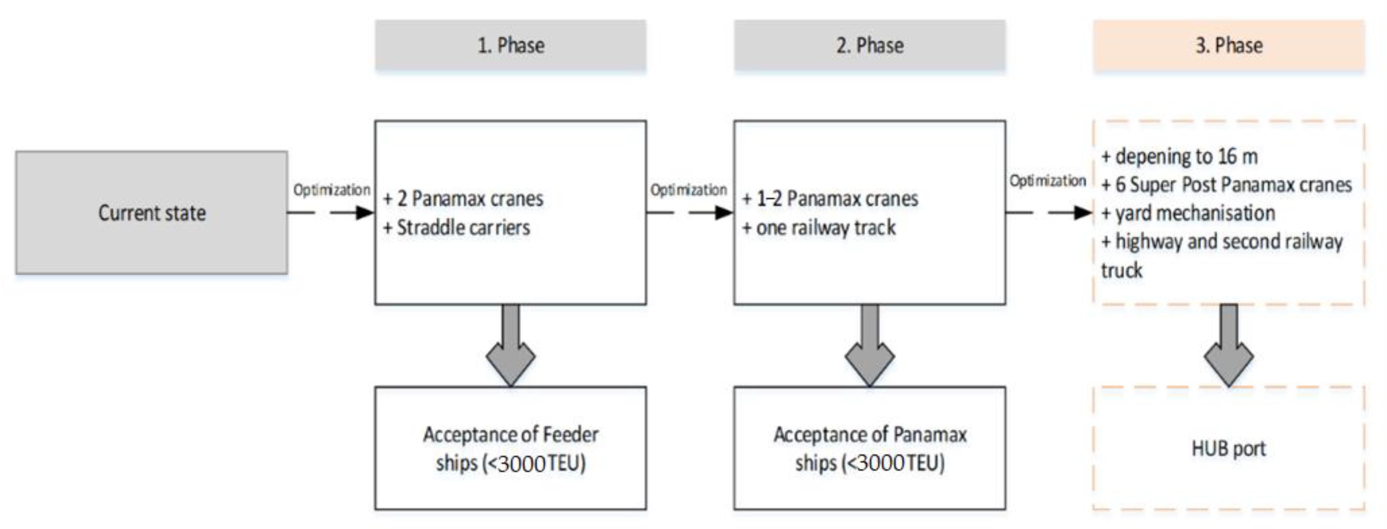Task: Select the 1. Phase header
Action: [x=510, y=45]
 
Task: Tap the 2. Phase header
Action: [x=869, y=45]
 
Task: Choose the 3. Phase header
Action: [x=1228, y=45]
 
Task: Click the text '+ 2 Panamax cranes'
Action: [x=463, y=199]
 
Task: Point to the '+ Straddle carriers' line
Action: [x=457, y=227]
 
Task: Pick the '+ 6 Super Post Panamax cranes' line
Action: [x=1226, y=185]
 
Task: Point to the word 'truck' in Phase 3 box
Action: [x=1121, y=270]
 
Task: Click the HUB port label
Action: [x=1228, y=448]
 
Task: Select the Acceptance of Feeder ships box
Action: [x=510, y=448]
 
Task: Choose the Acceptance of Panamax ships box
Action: [x=869, y=448]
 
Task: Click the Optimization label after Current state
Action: [x=331, y=190]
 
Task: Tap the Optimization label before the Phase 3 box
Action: [x=1047, y=181]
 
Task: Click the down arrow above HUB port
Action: [x=1228, y=347]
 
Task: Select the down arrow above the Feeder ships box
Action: [x=510, y=347]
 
